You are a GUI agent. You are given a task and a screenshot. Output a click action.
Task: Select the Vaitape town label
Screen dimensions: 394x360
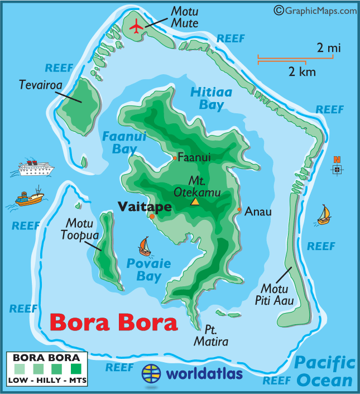143,206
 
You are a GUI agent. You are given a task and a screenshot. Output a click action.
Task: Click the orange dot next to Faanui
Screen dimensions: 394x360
175,158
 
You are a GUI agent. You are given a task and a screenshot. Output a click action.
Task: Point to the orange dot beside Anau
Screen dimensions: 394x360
239,210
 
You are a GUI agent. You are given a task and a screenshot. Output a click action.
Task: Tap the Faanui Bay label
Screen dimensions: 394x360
121,142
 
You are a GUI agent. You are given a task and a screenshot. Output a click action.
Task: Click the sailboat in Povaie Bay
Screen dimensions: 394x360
145,246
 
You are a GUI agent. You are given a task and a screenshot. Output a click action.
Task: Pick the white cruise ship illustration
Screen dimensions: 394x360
35,167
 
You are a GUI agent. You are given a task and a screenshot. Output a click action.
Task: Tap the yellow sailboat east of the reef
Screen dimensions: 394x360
324,215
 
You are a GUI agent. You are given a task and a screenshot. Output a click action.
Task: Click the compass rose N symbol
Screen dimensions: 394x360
337,166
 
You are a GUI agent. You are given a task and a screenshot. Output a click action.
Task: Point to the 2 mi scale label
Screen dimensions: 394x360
328,48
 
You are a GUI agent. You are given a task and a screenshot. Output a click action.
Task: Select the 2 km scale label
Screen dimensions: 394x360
302,71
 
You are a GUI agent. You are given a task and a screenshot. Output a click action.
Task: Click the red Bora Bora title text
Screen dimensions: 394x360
113,323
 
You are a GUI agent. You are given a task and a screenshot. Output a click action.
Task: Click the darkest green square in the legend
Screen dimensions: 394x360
76,369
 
